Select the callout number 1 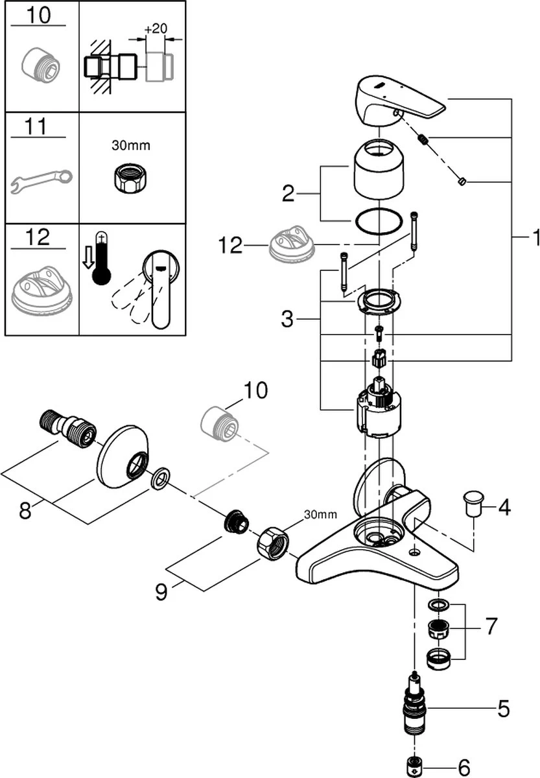534,239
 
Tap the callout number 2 288,193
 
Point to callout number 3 288,318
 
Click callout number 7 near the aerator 491,626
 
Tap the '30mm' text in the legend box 130,146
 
